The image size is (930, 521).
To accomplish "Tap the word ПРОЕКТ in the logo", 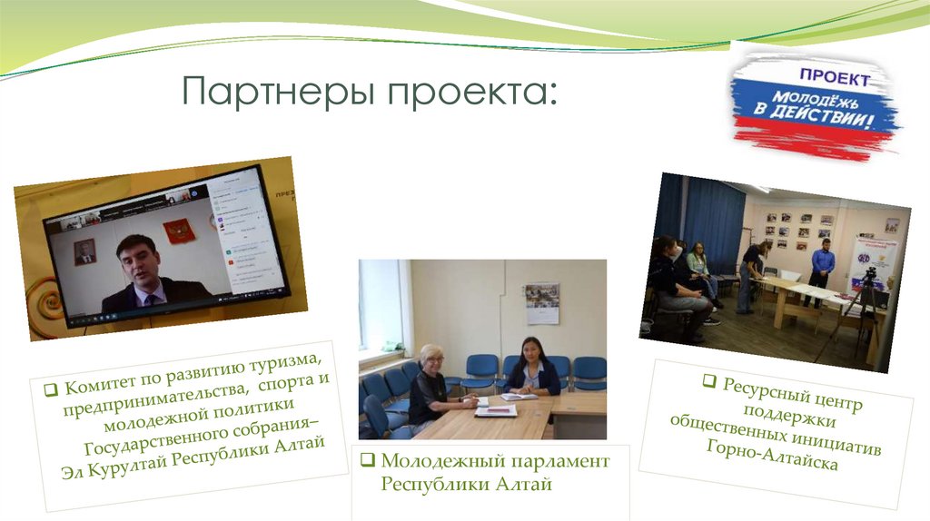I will tap(833, 78).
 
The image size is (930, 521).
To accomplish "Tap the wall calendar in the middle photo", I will tap(541, 304).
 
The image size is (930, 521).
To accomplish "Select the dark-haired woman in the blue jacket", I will tap(533, 368).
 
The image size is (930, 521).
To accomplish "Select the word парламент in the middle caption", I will tap(561, 462).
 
